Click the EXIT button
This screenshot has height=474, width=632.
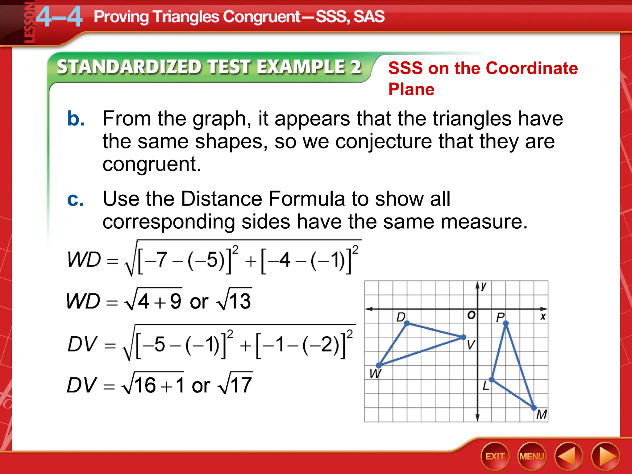495,456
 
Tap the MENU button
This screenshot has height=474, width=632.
532,456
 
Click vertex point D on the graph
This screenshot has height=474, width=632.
407,323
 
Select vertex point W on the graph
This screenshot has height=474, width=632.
379,365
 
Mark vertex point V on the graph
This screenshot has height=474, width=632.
463,337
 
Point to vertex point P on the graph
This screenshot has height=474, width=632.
505,323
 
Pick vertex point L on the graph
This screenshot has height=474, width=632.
492,380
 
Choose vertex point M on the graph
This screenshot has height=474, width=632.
534,408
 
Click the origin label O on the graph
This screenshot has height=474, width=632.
471,315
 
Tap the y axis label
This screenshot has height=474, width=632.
484,286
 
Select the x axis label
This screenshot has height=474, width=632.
543,316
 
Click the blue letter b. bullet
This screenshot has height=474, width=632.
76,118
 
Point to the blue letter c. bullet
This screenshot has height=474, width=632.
75,199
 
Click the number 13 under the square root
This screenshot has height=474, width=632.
240,301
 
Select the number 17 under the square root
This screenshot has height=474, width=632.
241,385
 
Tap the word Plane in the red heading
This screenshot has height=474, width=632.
411,89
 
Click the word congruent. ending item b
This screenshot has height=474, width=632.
152,164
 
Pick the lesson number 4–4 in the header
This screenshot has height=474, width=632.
59,17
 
